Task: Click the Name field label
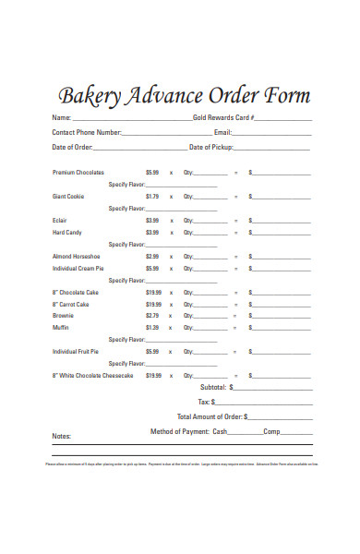pyautogui.click(x=61, y=119)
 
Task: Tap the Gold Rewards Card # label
pyautogui.click(x=223, y=119)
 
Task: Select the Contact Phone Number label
pyautogui.click(x=87, y=133)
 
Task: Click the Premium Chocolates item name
pyautogui.click(x=78, y=173)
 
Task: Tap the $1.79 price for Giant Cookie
pyautogui.click(x=152, y=197)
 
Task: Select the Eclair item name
pyautogui.click(x=59, y=221)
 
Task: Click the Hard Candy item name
pyautogui.click(x=66, y=233)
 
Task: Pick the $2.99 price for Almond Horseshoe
pyautogui.click(x=152, y=257)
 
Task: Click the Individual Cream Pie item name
pyautogui.click(x=84, y=269)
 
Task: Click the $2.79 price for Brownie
pyautogui.click(x=152, y=316)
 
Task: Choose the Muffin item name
pyautogui.click(x=60, y=328)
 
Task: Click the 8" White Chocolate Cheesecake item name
pyautogui.click(x=93, y=376)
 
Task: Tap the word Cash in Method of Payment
pyautogui.click(x=220, y=432)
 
